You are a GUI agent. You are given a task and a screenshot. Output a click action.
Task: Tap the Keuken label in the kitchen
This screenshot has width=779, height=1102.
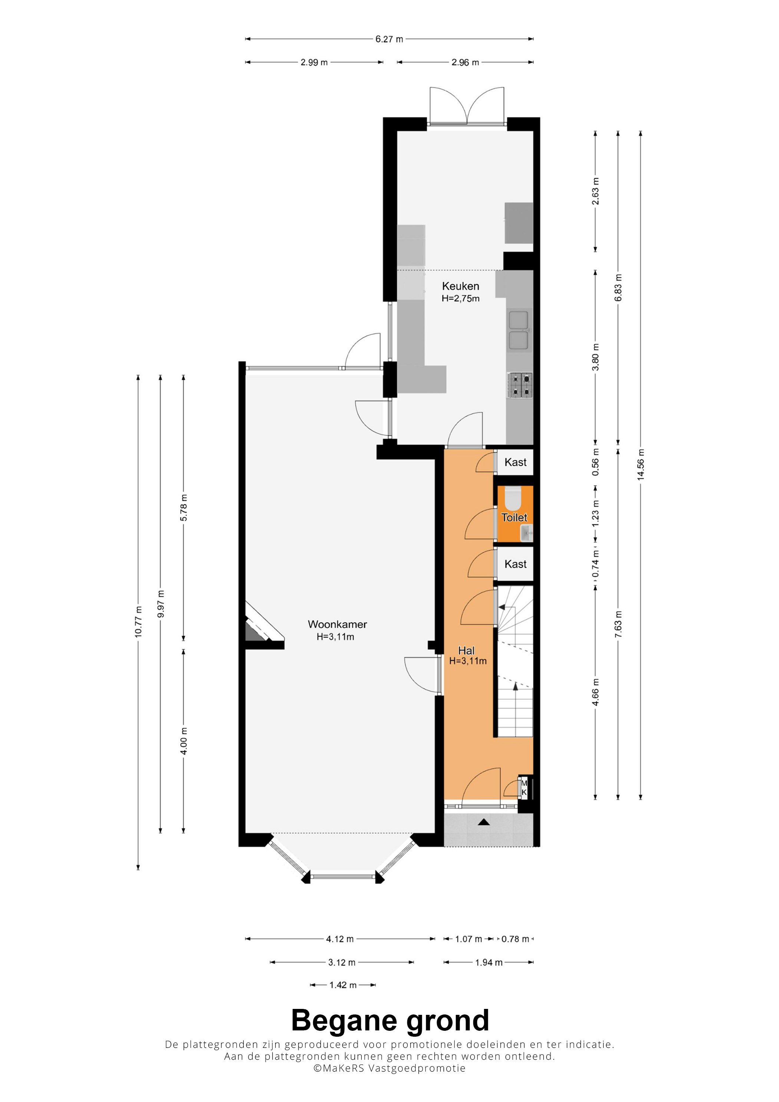[460, 286]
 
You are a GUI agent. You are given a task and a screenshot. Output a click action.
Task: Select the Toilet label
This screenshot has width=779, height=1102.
[514, 517]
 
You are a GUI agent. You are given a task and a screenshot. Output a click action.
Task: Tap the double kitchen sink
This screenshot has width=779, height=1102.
[519, 330]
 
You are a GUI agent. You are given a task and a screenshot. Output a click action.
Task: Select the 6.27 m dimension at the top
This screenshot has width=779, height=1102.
[389, 39]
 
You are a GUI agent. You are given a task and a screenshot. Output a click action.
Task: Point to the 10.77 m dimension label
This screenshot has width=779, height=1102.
[138, 622]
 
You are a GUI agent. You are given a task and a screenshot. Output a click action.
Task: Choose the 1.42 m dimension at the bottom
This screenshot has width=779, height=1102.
[343, 985]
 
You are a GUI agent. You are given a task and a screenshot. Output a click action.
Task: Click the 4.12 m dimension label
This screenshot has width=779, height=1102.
[340, 939]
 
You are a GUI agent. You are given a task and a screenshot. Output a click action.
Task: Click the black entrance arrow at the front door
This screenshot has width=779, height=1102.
[483, 822]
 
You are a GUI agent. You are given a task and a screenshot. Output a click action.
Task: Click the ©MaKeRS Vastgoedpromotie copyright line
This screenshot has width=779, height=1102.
[389, 1068]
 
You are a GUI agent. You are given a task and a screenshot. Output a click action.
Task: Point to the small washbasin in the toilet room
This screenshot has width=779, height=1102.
[526, 532]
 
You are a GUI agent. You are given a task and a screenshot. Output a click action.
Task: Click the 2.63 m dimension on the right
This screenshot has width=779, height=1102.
[595, 191]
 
